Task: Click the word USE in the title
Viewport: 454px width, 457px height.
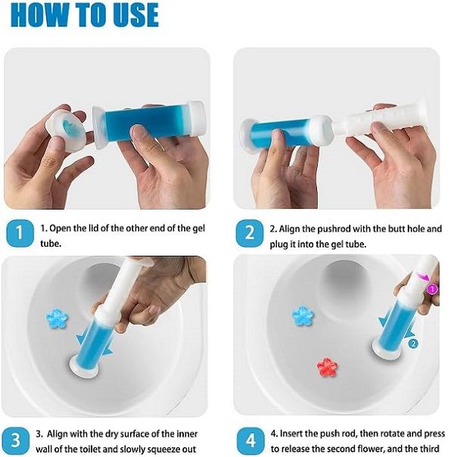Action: pos(135,15)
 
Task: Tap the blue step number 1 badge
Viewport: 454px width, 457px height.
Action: pos(20,234)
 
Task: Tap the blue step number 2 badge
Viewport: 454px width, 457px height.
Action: pos(250,234)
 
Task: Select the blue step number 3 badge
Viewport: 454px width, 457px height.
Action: pos(16,440)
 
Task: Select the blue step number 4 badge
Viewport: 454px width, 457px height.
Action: pos(250,440)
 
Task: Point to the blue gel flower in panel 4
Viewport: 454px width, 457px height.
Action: pos(303,316)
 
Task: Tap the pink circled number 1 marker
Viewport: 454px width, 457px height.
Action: pos(433,289)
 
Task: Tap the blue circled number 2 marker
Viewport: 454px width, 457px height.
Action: pos(413,344)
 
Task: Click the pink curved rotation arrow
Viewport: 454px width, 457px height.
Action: pos(422,275)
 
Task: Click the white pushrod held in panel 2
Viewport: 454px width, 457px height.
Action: pos(381,117)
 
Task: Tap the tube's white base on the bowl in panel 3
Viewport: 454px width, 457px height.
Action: pos(84,365)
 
